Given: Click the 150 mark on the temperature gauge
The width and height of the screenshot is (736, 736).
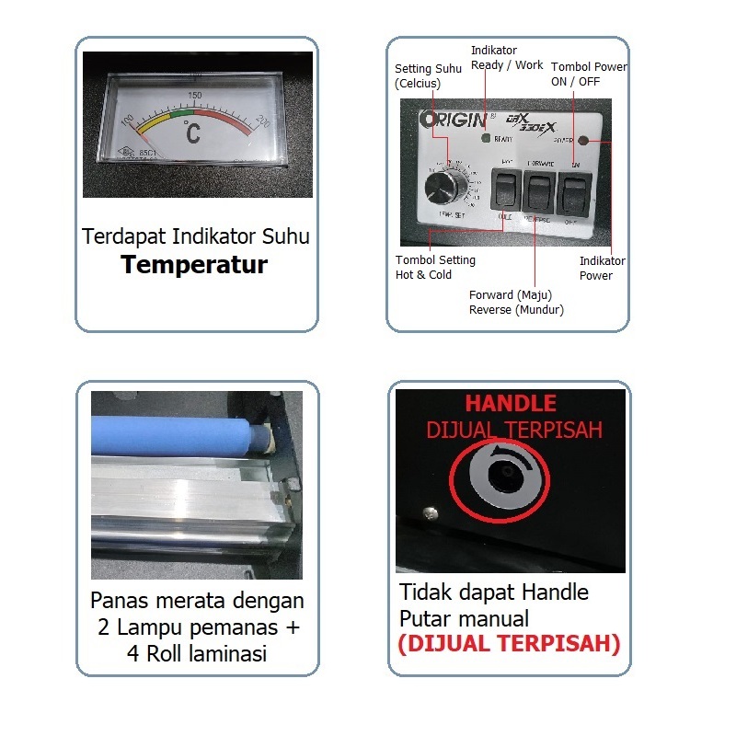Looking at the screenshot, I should (x=195, y=95).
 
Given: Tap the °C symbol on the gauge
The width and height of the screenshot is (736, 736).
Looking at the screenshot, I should (x=191, y=132).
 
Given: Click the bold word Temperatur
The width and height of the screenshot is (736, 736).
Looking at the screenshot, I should (x=195, y=266).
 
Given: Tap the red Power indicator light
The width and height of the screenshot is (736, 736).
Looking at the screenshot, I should (x=582, y=141).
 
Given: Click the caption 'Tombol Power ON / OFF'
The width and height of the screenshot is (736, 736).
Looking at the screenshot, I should (x=589, y=74).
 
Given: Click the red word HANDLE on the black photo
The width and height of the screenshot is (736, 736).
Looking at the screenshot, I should (x=510, y=404).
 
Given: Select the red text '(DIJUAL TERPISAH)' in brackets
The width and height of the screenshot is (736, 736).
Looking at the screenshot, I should (x=509, y=643).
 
